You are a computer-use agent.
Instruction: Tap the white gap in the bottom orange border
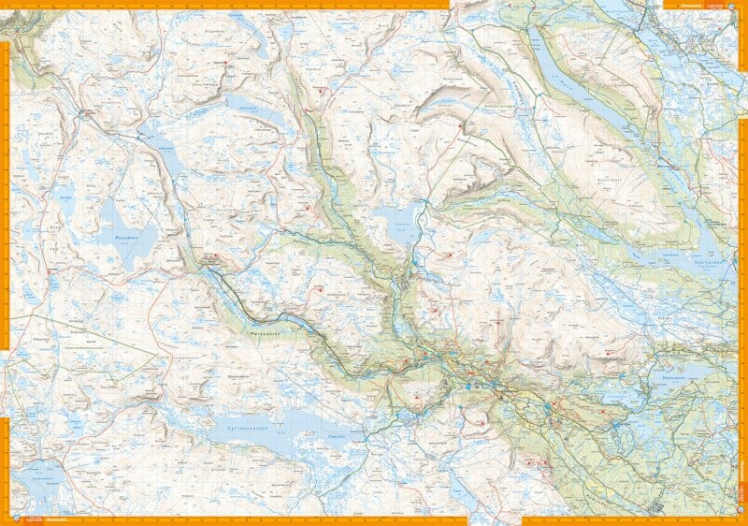(495, 519)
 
